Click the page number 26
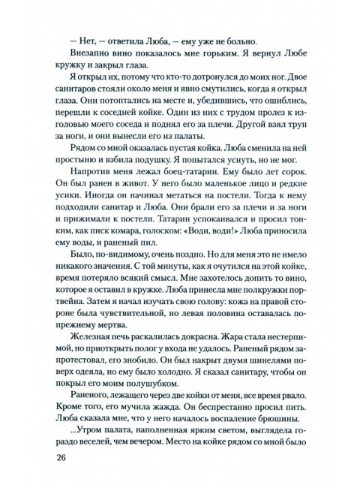tap(55, 457)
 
